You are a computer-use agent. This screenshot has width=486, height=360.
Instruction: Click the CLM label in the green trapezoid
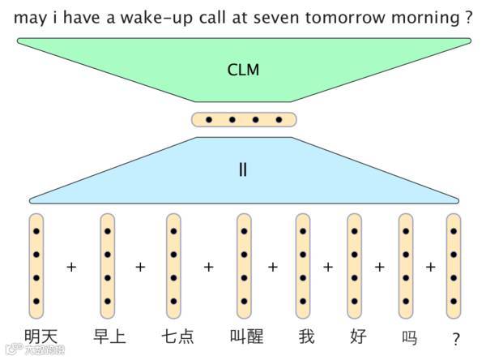point(243,70)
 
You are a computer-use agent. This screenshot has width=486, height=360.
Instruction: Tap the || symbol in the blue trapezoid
point(243,171)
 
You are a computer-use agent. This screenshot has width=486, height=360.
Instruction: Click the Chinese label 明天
point(41,336)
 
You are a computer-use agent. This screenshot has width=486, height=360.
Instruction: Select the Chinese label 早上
point(109,336)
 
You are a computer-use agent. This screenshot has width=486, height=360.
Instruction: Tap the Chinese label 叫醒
point(245,336)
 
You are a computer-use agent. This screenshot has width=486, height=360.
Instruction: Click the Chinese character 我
point(305,336)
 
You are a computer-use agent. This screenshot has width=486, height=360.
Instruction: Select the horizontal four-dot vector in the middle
point(244,120)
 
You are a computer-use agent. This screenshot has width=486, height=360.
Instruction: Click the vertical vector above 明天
point(36,266)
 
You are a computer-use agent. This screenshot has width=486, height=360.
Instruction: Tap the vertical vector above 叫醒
point(244,266)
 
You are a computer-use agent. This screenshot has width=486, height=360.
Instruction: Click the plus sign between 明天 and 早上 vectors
point(71,266)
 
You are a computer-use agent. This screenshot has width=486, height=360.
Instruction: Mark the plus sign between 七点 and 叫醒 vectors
point(209,266)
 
